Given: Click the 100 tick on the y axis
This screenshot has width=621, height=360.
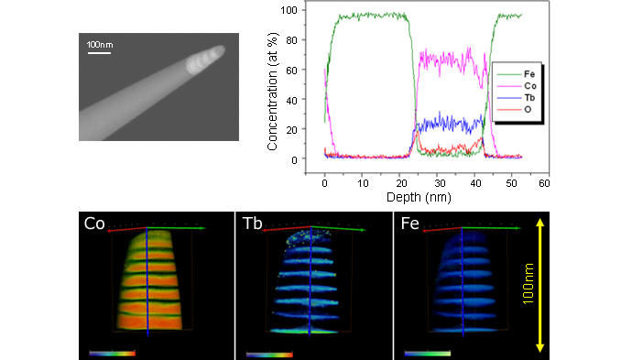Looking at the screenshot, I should click(x=294, y=10).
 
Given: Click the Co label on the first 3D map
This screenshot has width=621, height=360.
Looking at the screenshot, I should click(x=93, y=224).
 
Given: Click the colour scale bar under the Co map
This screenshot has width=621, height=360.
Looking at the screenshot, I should click(x=111, y=351).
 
